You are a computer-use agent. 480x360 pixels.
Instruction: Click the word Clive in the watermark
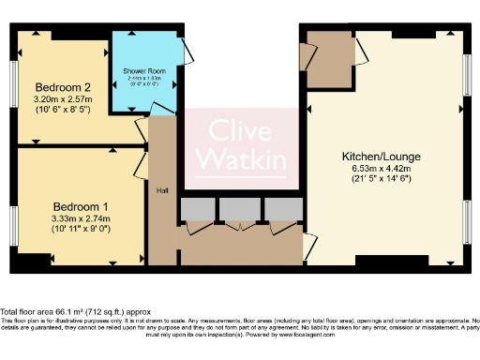[x=240, y=131]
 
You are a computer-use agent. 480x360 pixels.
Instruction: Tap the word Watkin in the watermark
[x=240, y=160]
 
